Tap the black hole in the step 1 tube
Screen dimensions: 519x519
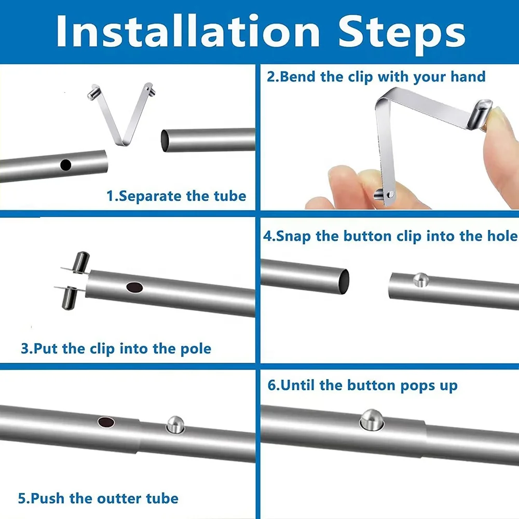pyautogui.click(x=66, y=165)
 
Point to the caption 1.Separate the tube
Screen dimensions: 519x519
pyautogui.click(x=176, y=196)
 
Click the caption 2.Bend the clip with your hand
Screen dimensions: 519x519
pyautogui.click(x=376, y=77)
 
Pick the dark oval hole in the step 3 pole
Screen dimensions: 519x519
pyautogui.click(x=134, y=287)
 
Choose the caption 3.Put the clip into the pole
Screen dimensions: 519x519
pyautogui.click(x=116, y=348)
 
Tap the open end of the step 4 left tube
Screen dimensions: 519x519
pyautogui.click(x=343, y=281)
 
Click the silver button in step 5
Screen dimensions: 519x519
pyautogui.click(x=174, y=425)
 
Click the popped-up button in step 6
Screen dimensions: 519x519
pyautogui.click(x=371, y=418)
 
